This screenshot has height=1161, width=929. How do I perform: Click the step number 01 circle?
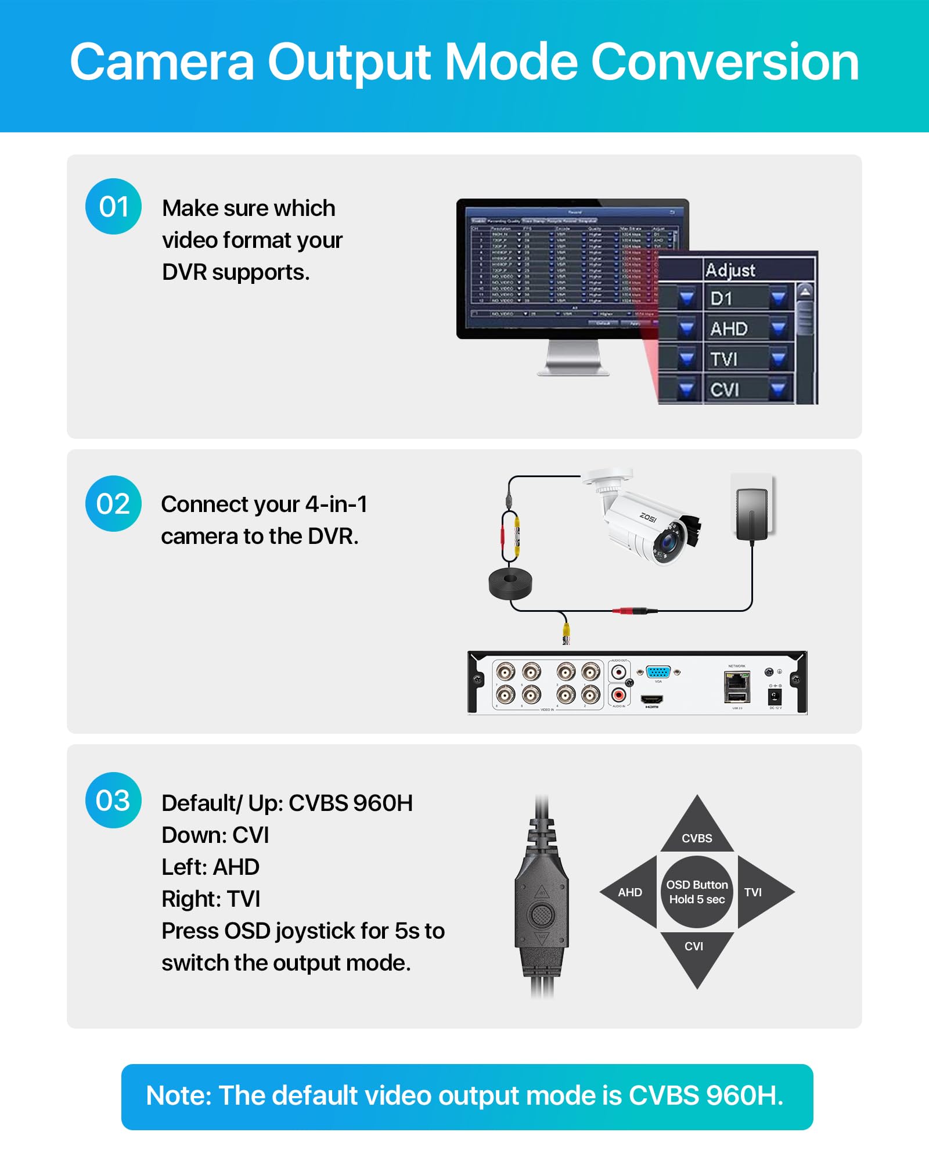point(113,207)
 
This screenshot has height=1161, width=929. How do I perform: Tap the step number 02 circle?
point(113,503)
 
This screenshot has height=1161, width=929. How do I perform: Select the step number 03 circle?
point(113,800)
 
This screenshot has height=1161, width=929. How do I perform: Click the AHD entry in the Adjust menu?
point(729,329)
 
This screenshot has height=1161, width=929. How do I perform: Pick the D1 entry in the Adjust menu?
point(722,299)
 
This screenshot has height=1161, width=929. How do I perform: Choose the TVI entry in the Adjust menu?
point(723,359)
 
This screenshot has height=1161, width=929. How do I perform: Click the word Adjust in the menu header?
point(730,270)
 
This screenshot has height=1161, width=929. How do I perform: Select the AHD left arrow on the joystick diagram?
point(629,892)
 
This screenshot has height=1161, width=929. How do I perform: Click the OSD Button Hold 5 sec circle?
point(697,892)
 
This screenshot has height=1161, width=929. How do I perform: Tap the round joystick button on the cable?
point(541,915)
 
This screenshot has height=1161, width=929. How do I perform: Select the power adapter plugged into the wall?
point(752,513)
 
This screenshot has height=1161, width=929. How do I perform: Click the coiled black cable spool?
point(510,583)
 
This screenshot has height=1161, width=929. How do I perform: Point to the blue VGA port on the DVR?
point(658,672)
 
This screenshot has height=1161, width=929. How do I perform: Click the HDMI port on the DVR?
point(651,699)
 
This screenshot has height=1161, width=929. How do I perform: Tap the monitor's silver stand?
point(573,358)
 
